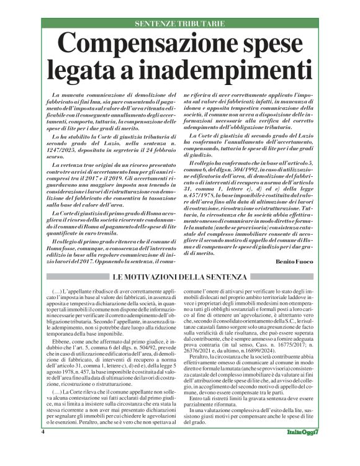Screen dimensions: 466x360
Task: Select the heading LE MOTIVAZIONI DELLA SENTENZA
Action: point(180,276)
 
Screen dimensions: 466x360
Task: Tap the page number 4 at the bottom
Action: point(43,449)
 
